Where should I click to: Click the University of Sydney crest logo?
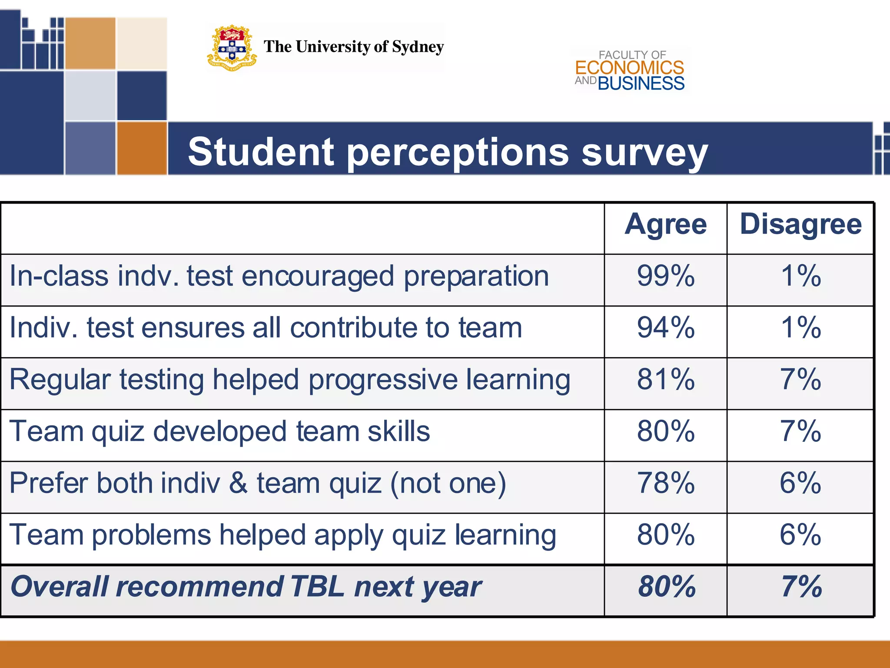pyautogui.click(x=232, y=48)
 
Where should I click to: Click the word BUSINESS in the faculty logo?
pyautogui.click(x=641, y=83)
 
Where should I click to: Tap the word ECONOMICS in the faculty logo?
pyautogui.click(x=630, y=68)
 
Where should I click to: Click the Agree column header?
pyautogui.click(x=666, y=225)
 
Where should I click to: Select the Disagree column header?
pyautogui.click(x=800, y=225)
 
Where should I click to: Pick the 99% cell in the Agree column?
pyautogui.click(x=666, y=276)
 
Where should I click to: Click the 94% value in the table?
pyautogui.click(x=666, y=328)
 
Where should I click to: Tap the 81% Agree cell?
pyautogui.click(x=666, y=380)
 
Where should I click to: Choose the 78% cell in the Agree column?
pyautogui.click(x=666, y=483)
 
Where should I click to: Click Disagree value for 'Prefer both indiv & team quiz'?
pyautogui.click(x=800, y=483)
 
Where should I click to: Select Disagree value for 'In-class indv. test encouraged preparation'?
pyautogui.click(x=800, y=276)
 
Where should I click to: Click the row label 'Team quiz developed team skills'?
pyautogui.click(x=219, y=431)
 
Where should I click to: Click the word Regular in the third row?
pyautogui.click(x=60, y=380)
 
